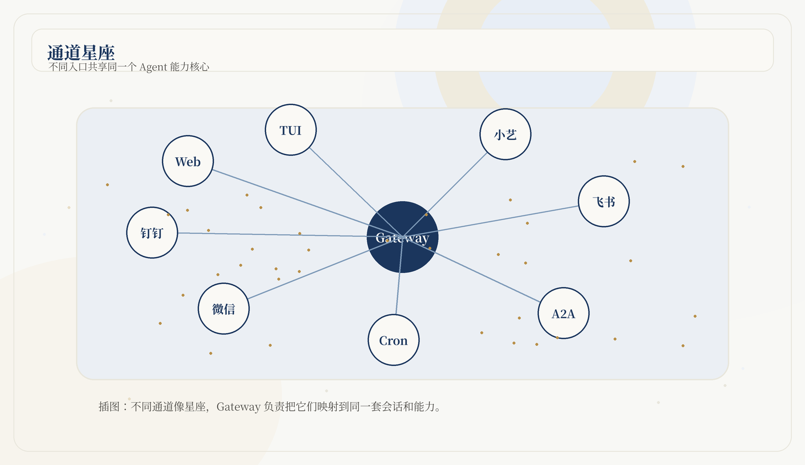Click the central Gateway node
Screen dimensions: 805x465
point(402,237)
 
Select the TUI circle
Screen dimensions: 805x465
point(291,130)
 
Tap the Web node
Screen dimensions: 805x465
point(188,161)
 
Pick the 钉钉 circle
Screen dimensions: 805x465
point(152,232)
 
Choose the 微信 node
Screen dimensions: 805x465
point(224,309)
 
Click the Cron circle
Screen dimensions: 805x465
point(394,340)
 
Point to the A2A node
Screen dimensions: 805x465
point(563,313)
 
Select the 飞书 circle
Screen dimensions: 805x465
point(604,201)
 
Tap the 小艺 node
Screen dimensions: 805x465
point(505,134)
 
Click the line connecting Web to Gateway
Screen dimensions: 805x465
point(307,203)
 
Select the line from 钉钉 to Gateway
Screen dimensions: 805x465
point(290,235)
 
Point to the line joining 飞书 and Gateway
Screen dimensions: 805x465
point(491,221)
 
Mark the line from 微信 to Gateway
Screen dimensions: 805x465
point(325,268)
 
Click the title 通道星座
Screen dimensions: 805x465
point(81,53)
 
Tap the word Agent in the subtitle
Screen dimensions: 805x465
point(153,67)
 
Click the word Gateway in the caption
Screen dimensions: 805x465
point(238,407)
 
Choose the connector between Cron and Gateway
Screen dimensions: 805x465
point(399,275)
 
